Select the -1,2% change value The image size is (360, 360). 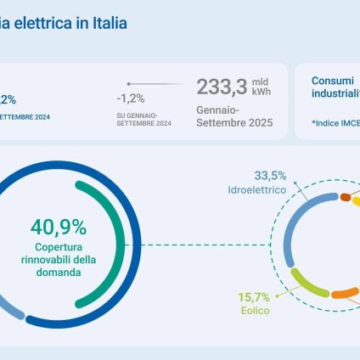130,98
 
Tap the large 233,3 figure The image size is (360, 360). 223,86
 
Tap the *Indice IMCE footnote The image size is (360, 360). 335,123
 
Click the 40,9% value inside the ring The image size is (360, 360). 59,228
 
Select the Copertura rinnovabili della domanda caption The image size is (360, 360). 59,259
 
